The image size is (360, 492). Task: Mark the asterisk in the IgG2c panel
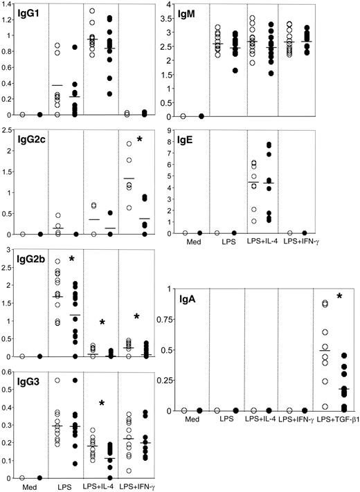pyautogui.click(x=139, y=140)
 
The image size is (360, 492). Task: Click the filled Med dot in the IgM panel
pyautogui.click(x=201, y=116)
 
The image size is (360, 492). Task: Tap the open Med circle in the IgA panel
pyautogui.click(x=183, y=410)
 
